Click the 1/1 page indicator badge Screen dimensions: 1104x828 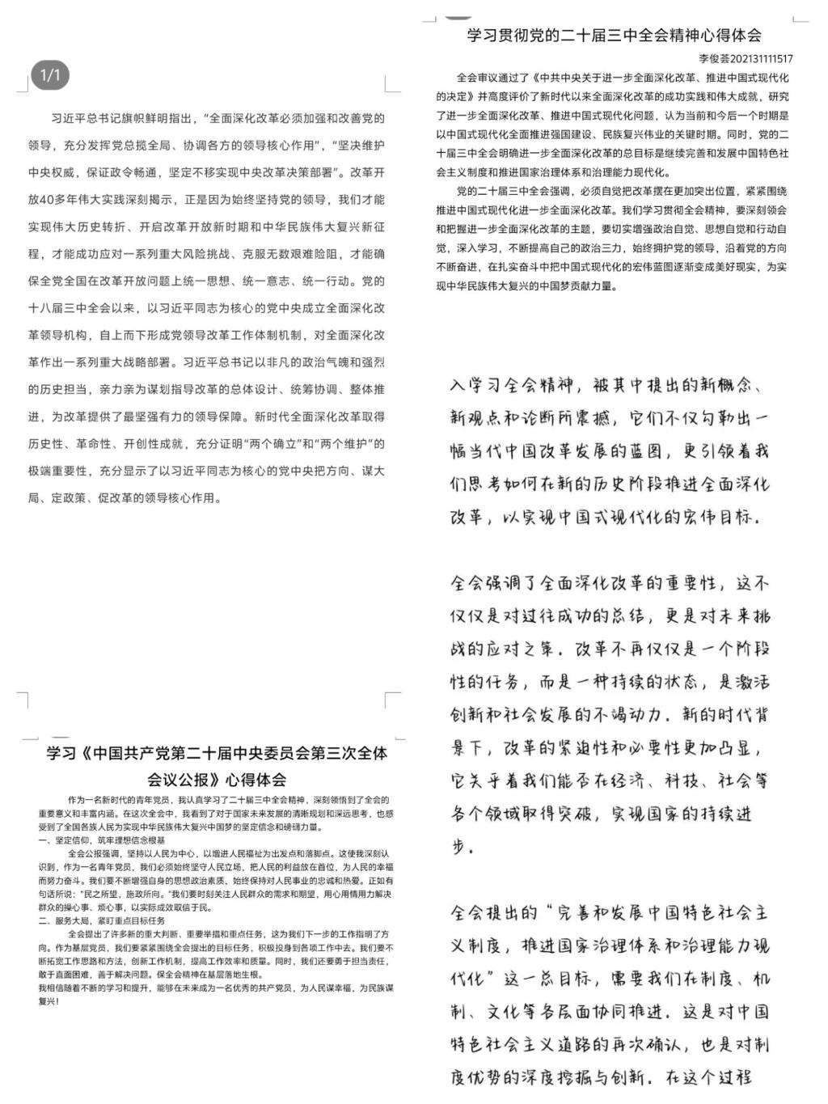50,76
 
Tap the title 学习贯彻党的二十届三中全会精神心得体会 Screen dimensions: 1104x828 614,35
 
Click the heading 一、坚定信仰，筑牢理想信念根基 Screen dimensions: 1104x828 101,841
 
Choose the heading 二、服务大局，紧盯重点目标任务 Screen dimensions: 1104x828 101,920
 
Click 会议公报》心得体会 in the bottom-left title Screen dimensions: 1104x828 217,780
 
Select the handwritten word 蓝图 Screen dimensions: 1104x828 643,450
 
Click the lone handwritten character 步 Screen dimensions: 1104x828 460,846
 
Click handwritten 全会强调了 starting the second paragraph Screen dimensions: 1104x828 494,582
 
